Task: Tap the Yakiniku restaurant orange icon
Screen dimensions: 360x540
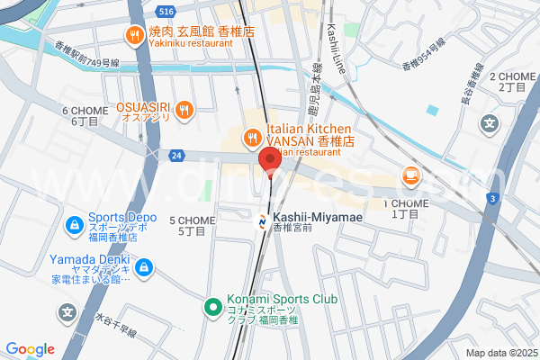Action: pyautogui.click(x=134, y=35)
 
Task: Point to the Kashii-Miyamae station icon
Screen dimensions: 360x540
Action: pyautogui.click(x=262, y=218)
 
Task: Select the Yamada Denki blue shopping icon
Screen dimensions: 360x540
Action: pyautogui.click(x=146, y=266)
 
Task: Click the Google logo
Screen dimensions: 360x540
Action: pyautogui.click(x=31, y=349)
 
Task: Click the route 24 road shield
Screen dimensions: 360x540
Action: pyautogui.click(x=175, y=155)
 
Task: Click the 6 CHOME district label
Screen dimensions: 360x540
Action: pyautogui.click(x=85, y=116)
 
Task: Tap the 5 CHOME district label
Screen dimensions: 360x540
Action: pyautogui.click(x=188, y=225)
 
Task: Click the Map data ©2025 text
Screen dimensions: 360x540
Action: pyautogui.click(x=500, y=353)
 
